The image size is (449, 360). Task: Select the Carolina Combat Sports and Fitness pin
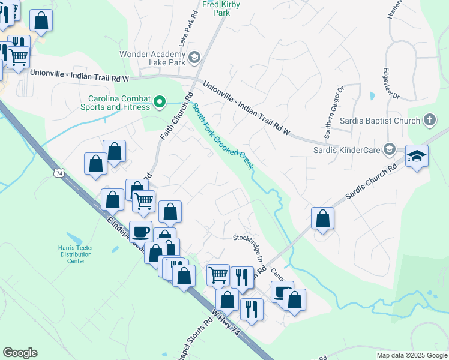pos(159,103)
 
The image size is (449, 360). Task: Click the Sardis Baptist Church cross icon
pos(430,121)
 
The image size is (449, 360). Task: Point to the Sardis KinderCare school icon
pos(389,149)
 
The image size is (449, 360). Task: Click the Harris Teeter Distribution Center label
pos(76,254)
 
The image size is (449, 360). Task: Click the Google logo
pos(20,353)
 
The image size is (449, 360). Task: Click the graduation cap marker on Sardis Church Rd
pos(417,156)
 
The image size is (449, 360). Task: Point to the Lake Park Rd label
pos(187,30)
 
